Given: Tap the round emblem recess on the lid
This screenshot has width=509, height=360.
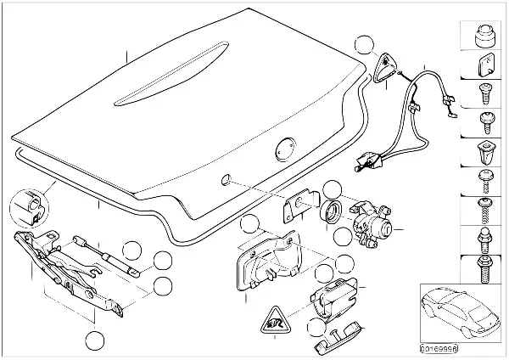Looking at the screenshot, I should pos(284,149).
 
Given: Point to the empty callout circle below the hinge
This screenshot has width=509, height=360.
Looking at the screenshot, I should pos(95,341).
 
